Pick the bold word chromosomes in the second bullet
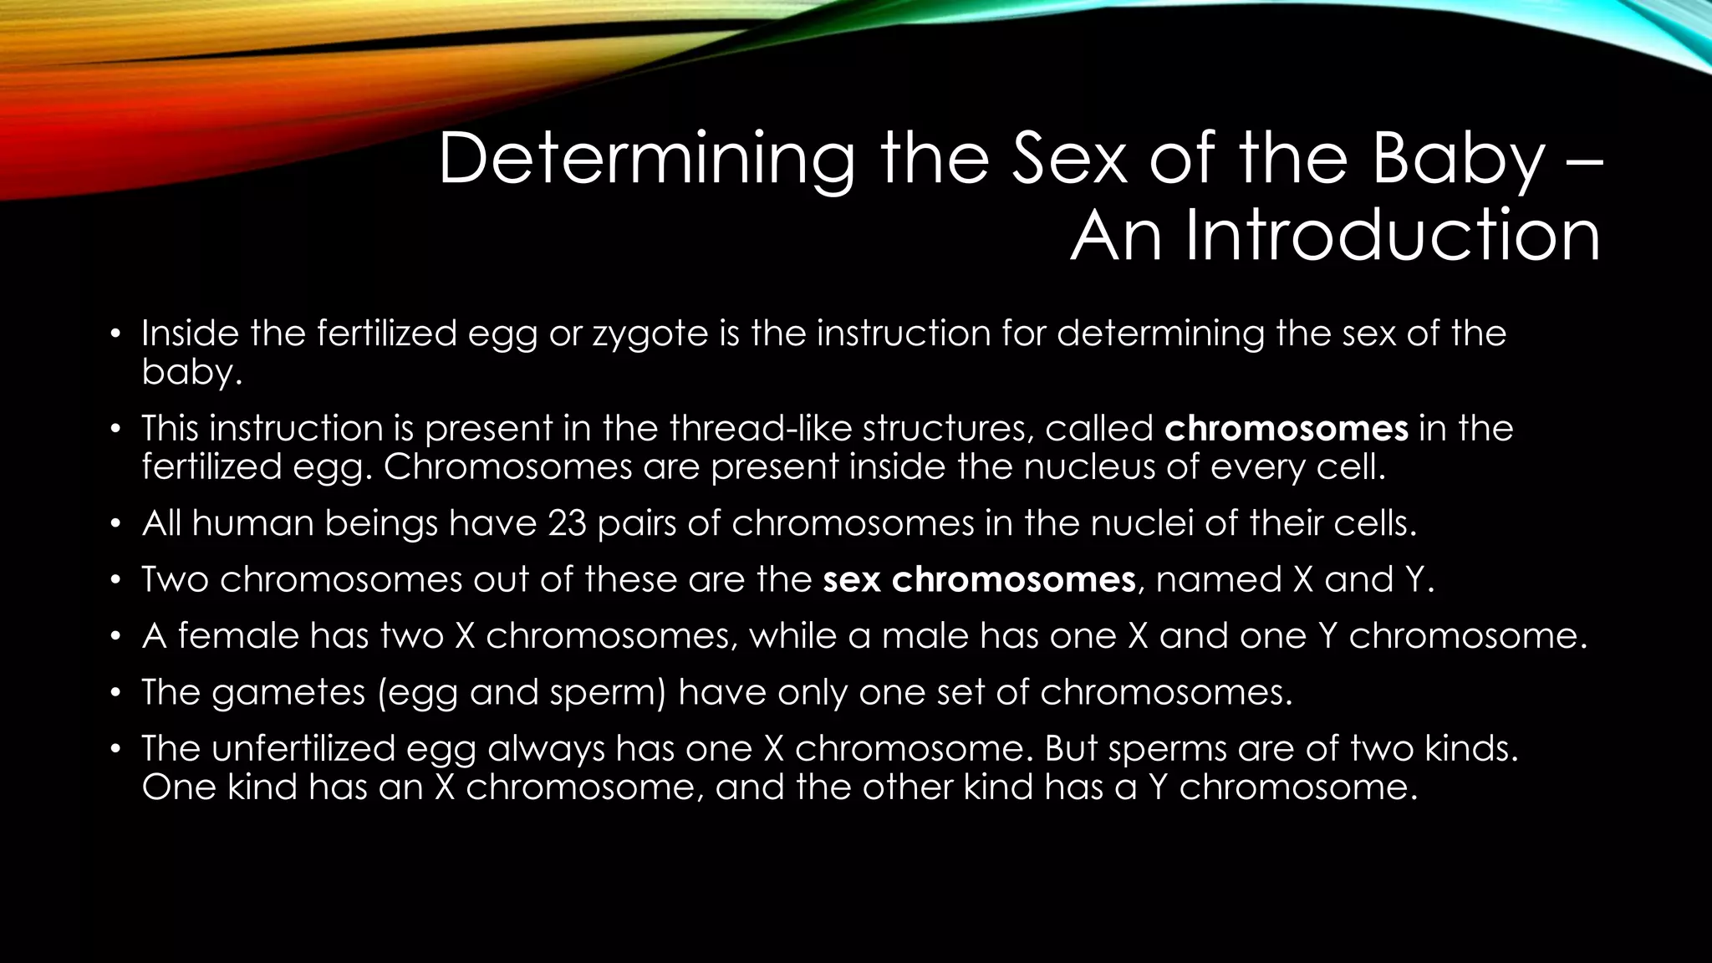click(x=1287, y=429)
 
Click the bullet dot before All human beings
click(x=117, y=525)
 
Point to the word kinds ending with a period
click(x=1470, y=748)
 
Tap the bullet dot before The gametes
click(x=117, y=694)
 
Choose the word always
click(x=546, y=748)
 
